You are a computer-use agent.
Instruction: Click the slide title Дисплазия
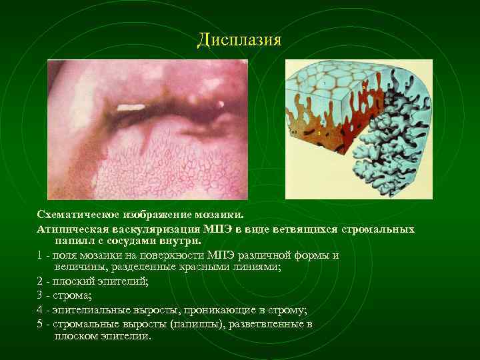pos(240,40)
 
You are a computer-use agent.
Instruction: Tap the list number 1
pos(41,255)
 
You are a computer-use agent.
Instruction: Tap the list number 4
pos(41,309)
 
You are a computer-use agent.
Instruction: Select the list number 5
pos(41,323)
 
